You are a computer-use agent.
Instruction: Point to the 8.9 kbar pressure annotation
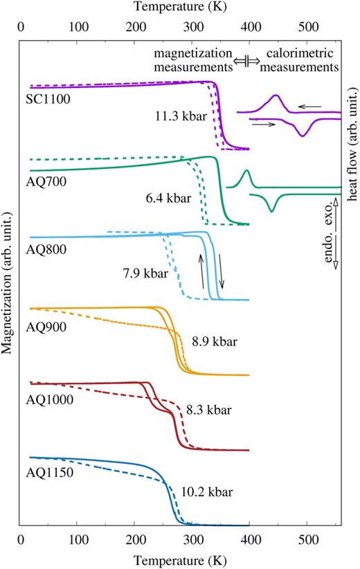point(215,342)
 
